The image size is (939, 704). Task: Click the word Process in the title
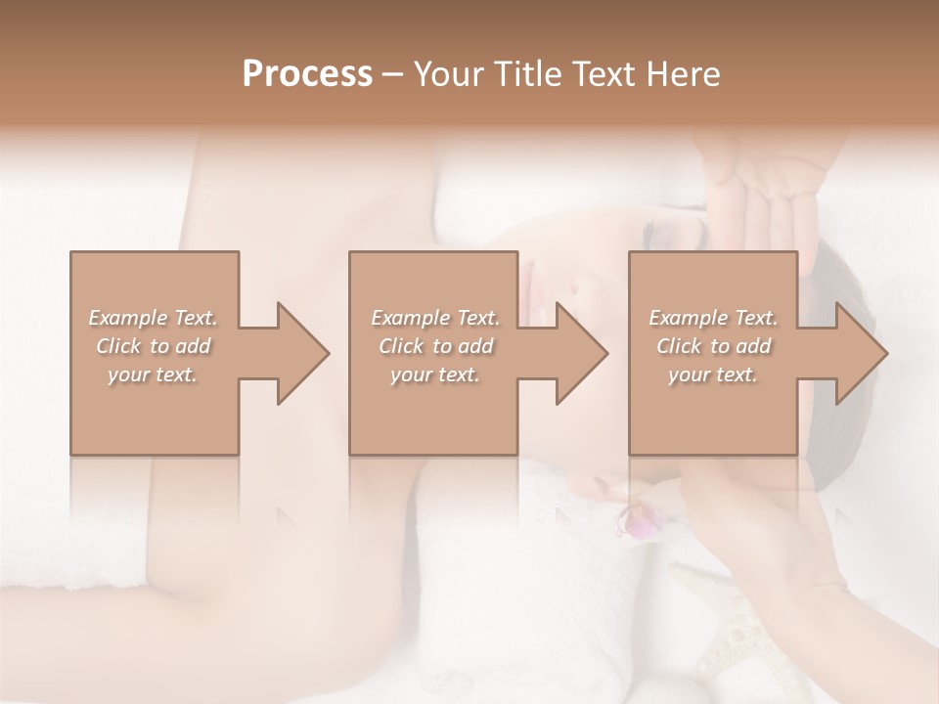tap(307, 74)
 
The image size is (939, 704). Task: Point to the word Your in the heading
tap(448, 74)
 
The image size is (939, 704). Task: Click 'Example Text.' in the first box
tap(153, 319)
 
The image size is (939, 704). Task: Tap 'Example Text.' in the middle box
tap(434, 319)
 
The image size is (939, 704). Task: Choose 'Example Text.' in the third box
tap(713, 319)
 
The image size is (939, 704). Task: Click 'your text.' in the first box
tap(153, 374)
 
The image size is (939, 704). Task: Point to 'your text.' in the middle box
tap(434, 374)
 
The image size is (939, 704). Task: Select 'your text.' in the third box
tap(713, 374)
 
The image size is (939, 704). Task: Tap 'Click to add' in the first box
tap(153, 346)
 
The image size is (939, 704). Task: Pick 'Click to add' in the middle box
tap(434, 346)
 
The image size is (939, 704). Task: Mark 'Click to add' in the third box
tap(713, 346)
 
